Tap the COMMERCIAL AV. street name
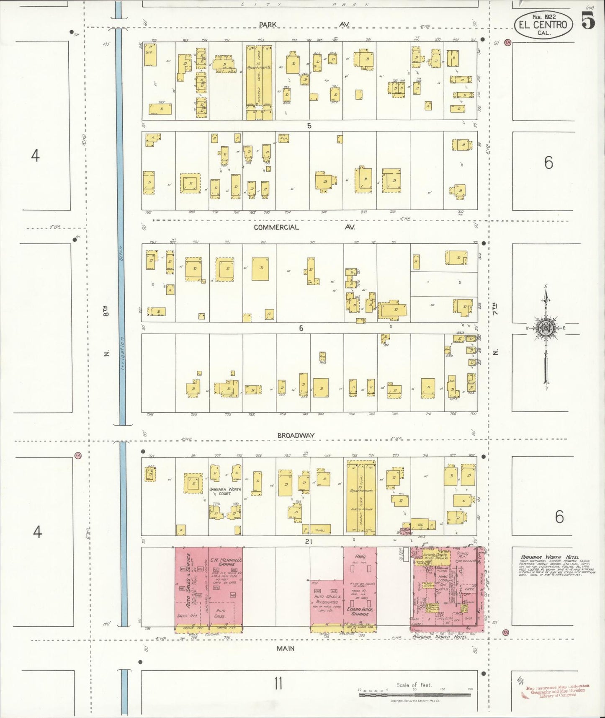pyautogui.click(x=304, y=227)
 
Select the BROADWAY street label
pyautogui.click(x=296, y=435)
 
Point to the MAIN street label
pyautogui.click(x=285, y=648)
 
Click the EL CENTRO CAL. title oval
pyautogui.click(x=543, y=24)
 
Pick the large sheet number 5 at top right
pyautogui.click(x=588, y=21)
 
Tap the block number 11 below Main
pyautogui.click(x=278, y=684)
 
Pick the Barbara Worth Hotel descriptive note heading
pyautogui.click(x=549, y=557)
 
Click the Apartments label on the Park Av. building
pyautogui.click(x=259, y=67)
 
